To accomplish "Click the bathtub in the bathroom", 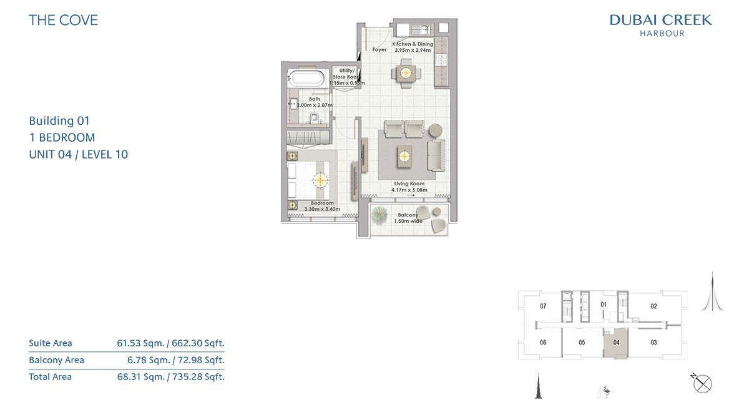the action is pyautogui.click(x=306, y=79).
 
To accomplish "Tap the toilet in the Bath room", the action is pyautogui.click(x=314, y=118).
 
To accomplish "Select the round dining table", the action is pyautogui.click(x=406, y=73).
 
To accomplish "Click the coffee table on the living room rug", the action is pyautogui.click(x=404, y=157).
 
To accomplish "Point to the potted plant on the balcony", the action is pyautogui.click(x=379, y=215).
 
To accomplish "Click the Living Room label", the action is pyautogui.click(x=409, y=183).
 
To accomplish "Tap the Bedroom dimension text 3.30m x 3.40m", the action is pyautogui.click(x=322, y=209).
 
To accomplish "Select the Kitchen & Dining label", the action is pyautogui.click(x=413, y=44).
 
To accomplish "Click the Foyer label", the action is pyautogui.click(x=379, y=49).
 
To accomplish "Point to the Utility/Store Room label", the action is pyautogui.click(x=346, y=74).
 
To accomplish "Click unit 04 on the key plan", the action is pyautogui.click(x=616, y=343).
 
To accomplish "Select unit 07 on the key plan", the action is pyautogui.click(x=543, y=306).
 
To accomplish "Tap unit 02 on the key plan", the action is pyautogui.click(x=654, y=306).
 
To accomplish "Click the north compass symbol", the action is pyautogui.click(x=702, y=383).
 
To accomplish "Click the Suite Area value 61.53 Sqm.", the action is pyautogui.click(x=142, y=343).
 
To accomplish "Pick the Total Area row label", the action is pyautogui.click(x=50, y=377).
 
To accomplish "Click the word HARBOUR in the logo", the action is pyautogui.click(x=662, y=34).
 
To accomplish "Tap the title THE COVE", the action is pyautogui.click(x=63, y=20).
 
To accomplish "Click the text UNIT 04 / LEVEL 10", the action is pyautogui.click(x=78, y=154).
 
